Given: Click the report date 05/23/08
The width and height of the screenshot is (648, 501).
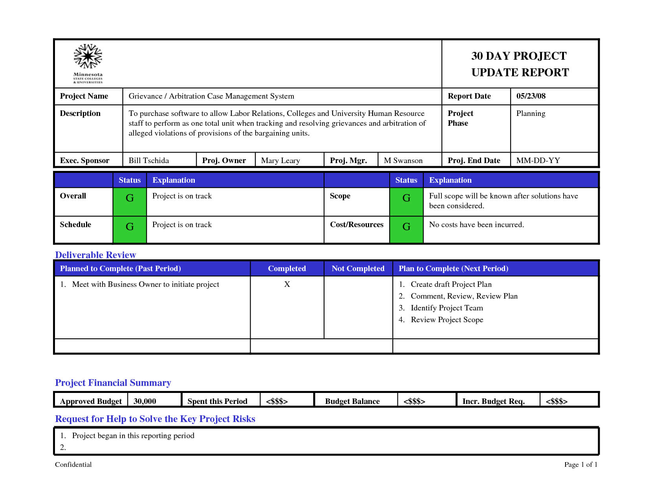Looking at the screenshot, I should (531, 96).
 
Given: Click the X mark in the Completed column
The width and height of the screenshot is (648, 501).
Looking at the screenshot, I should (287, 284).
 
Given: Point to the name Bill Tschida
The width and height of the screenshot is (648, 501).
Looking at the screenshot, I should (148, 160).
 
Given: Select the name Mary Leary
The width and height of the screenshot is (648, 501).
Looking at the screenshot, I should (280, 160).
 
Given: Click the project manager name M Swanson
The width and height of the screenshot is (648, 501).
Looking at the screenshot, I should (403, 160).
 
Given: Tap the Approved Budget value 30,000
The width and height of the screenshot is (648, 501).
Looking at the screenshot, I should (145, 401).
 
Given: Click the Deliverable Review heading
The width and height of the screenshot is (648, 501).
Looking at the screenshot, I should (95, 255).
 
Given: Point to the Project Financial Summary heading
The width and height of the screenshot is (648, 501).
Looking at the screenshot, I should (113, 383).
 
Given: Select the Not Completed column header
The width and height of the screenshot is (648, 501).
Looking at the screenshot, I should (358, 268).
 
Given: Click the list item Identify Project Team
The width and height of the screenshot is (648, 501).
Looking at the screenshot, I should (447, 308).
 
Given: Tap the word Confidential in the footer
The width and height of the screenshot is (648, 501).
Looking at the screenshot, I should (73, 464).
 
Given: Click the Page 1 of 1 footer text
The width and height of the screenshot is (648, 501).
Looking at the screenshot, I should (580, 464).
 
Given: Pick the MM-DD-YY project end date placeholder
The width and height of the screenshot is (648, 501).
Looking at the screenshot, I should (538, 160).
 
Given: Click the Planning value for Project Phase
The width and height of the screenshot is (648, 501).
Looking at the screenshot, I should (531, 114).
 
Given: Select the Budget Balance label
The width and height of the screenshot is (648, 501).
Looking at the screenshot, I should (352, 401).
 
